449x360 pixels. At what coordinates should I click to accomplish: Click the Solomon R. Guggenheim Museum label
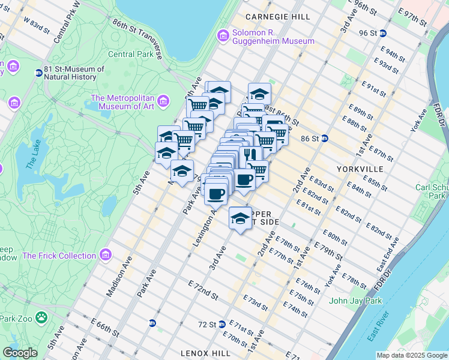click(273, 35)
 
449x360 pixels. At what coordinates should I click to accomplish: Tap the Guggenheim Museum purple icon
click(223, 36)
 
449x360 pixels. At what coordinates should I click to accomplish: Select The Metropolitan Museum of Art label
click(122, 103)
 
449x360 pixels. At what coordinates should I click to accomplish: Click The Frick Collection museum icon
click(106, 255)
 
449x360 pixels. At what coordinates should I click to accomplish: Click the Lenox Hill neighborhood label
click(206, 353)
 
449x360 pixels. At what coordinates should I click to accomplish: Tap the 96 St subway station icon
click(382, 33)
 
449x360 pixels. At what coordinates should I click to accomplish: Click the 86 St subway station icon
click(325, 138)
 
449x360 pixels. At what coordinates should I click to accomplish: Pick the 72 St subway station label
click(208, 324)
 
